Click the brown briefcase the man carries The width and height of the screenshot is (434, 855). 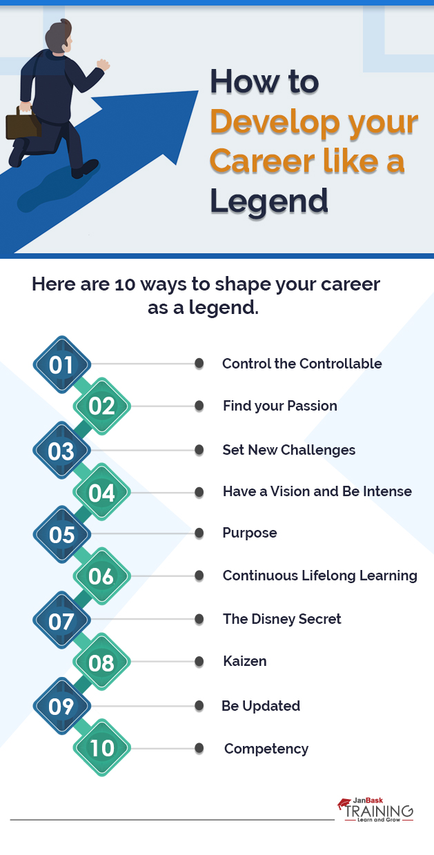coord(23,123)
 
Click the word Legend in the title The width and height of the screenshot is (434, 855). coord(268,200)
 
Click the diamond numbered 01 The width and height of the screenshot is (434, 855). coord(61,364)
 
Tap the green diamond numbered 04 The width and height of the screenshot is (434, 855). coord(101,493)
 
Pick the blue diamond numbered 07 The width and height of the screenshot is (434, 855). coord(61,620)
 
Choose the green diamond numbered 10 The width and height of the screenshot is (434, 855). coord(101,748)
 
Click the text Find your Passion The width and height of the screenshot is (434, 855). coord(279,406)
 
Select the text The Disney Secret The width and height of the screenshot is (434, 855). coord(282,619)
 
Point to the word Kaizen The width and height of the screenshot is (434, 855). coord(244,661)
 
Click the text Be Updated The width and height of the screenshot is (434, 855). coord(260,706)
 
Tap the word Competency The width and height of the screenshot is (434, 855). coord(266,749)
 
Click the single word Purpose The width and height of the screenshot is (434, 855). coord(249,533)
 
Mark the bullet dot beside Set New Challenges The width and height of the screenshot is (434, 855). coord(199,450)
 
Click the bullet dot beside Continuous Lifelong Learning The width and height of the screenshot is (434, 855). coord(199,576)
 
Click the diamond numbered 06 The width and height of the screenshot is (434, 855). coord(101,576)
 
